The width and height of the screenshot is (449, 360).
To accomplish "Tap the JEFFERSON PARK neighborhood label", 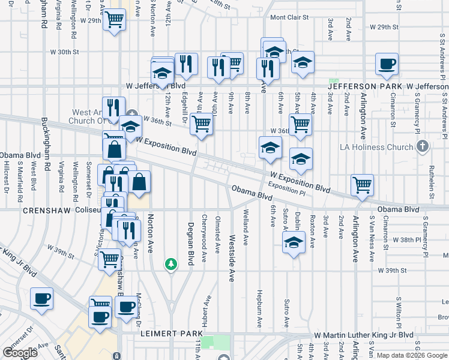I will pyautogui.click(x=363, y=86).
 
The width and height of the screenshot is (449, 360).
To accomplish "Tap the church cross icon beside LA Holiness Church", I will pyautogui.click(x=423, y=146).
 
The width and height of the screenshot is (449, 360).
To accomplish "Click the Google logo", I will pyautogui.click(x=20, y=353).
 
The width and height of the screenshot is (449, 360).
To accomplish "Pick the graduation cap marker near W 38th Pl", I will pyautogui.click(x=292, y=243).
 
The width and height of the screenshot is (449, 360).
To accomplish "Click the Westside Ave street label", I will pyautogui.click(x=232, y=261).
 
